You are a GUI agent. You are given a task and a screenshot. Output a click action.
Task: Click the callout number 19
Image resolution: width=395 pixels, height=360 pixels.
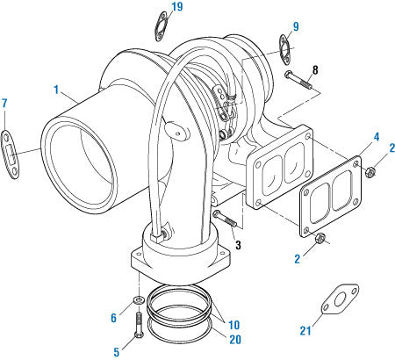click(x=177, y=7)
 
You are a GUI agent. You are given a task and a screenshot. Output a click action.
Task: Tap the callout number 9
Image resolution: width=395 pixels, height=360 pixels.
click(x=296, y=26)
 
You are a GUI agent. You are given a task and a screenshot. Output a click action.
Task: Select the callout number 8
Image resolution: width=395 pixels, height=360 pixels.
click(x=315, y=70)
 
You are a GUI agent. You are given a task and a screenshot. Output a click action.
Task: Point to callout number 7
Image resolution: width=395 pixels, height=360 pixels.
click(x=4, y=103)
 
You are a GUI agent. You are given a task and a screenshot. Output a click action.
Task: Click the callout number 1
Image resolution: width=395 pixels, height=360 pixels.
click(x=56, y=90)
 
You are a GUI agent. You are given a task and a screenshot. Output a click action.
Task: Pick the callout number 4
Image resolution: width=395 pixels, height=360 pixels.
click(x=376, y=137)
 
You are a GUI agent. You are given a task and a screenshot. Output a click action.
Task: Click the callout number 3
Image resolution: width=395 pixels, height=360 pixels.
click(x=238, y=245)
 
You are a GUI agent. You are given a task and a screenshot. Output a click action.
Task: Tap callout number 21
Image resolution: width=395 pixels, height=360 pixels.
click(x=305, y=331)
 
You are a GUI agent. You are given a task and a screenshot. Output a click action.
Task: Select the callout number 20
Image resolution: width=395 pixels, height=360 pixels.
click(x=235, y=339)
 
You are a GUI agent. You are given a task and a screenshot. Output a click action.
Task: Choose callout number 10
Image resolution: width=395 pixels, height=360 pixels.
click(x=233, y=325)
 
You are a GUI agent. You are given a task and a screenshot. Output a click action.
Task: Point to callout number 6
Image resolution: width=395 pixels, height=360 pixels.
click(x=113, y=318)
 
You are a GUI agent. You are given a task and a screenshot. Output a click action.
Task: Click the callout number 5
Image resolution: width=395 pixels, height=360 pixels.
click(x=117, y=352)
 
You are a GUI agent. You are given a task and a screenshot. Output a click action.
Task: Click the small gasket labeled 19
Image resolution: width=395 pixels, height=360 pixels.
click(x=161, y=26)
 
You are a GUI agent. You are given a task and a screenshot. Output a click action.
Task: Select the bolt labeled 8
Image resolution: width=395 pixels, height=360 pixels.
click(x=298, y=79)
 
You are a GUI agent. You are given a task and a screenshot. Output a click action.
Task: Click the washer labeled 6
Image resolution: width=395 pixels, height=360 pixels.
click(x=138, y=299)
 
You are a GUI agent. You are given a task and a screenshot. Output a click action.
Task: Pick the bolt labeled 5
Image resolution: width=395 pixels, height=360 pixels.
click(x=138, y=326)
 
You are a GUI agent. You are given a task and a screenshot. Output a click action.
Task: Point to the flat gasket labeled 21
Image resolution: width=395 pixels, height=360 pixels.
click(x=340, y=299)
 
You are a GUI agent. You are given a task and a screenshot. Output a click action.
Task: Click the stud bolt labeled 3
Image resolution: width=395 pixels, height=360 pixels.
click(x=225, y=219)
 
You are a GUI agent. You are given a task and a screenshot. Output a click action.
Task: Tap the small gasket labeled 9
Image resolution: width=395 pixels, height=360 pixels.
click(x=284, y=49)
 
